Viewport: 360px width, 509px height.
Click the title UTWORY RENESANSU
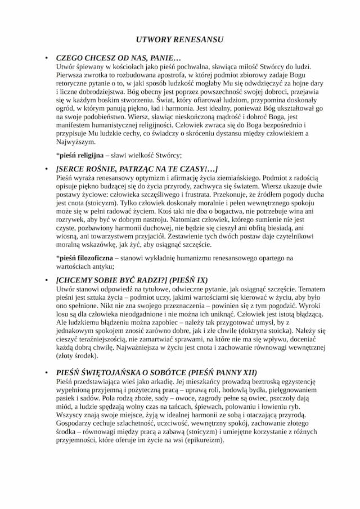point(179,40)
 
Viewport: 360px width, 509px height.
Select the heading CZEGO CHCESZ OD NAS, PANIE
point(119,58)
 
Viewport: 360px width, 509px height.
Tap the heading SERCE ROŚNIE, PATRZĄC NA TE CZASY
point(137,169)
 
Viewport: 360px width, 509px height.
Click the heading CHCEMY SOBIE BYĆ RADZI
point(132,279)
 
